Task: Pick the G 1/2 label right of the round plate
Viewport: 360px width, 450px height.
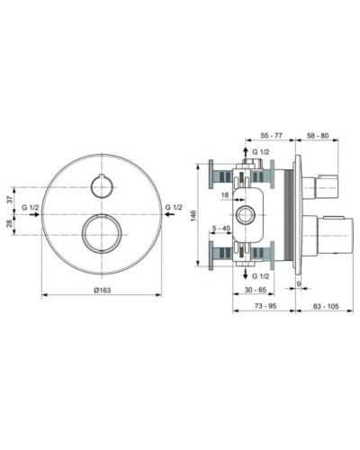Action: click(176, 209)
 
